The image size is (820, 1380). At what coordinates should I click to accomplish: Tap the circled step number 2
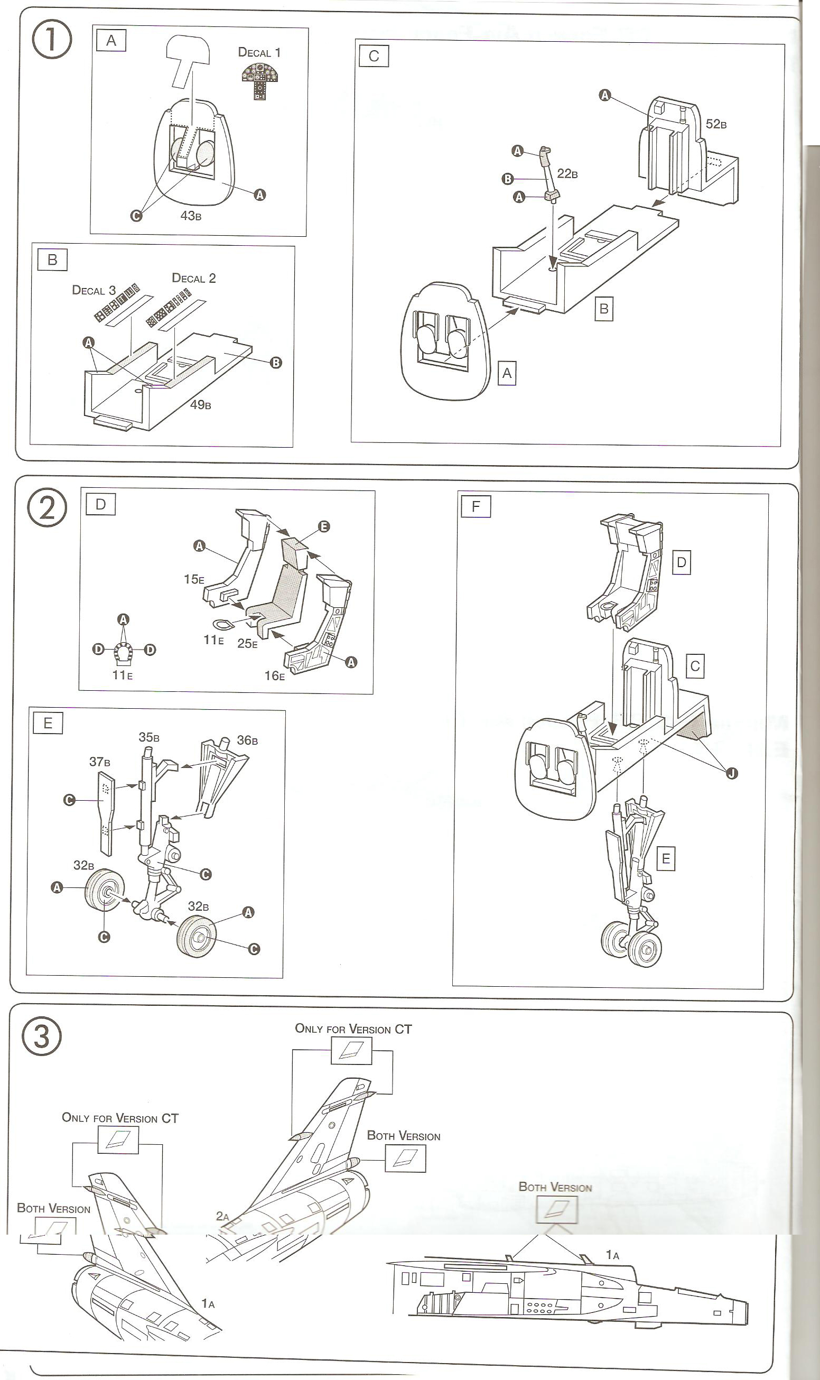[47, 507]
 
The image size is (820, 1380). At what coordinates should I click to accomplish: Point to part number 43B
[191, 216]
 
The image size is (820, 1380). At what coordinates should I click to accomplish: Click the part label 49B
[201, 404]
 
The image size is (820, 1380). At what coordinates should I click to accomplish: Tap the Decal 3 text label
[94, 290]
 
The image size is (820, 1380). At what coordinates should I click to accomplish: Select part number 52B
[715, 124]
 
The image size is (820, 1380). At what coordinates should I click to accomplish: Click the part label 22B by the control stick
[567, 173]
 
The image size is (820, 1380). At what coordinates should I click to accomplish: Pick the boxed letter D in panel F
[681, 562]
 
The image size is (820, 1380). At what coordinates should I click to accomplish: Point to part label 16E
[275, 675]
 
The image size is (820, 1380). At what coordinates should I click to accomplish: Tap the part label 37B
[99, 762]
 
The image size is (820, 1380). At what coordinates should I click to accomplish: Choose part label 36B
[247, 740]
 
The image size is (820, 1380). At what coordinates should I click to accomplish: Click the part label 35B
[148, 737]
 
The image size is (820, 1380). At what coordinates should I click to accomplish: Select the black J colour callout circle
[732, 773]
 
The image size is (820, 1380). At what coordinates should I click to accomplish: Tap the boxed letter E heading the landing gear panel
[48, 723]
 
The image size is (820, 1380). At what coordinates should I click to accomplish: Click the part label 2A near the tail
[222, 1216]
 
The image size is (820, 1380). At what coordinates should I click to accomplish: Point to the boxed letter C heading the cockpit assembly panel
[374, 57]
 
